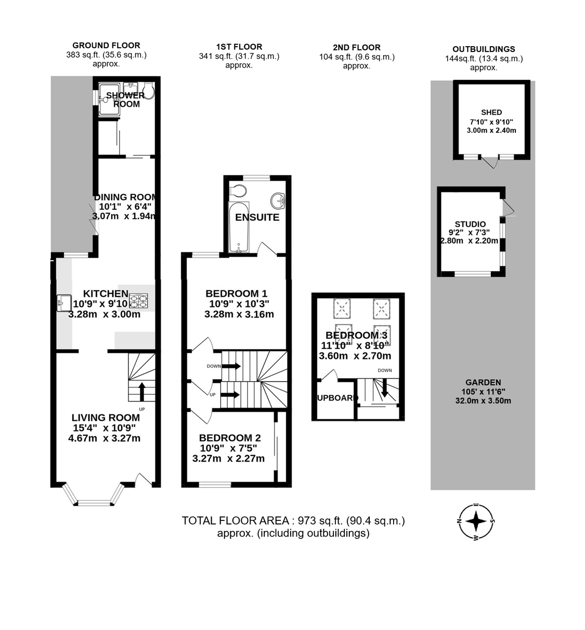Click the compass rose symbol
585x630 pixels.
click(476, 521)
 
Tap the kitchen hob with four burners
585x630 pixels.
click(139, 300)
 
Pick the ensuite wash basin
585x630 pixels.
click(277, 199)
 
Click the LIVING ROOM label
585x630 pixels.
click(106, 418)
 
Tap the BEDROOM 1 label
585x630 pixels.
click(236, 294)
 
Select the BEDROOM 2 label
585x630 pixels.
click(229, 438)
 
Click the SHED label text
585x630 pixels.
click(491, 112)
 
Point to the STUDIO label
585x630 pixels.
click(470, 224)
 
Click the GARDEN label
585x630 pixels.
click(483, 382)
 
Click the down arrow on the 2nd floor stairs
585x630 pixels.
click(384, 389)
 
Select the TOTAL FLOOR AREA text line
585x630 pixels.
click(293, 521)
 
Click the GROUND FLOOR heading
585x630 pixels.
click(106, 45)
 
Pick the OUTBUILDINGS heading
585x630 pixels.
click(484, 49)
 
